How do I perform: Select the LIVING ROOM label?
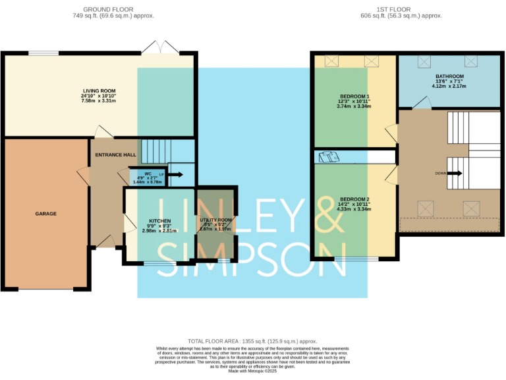(99, 90)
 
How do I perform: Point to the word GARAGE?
(45, 214)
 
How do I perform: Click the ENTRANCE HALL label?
(115, 154)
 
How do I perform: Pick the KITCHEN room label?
(160, 220)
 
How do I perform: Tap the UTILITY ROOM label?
(215, 220)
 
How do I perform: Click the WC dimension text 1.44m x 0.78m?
(147, 181)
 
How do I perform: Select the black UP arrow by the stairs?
(176, 175)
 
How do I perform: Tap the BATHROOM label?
(449, 76)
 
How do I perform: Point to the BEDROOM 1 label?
(354, 96)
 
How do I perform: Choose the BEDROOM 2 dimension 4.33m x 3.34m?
(354, 209)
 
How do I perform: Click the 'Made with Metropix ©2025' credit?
(252, 371)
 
